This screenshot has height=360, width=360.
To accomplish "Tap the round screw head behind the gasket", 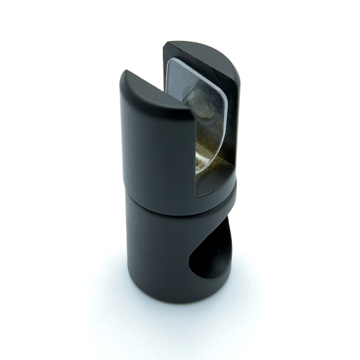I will pyautogui.click(x=199, y=101).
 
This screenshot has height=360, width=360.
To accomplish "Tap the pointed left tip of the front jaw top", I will pyautogui.click(x=124, y=73).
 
